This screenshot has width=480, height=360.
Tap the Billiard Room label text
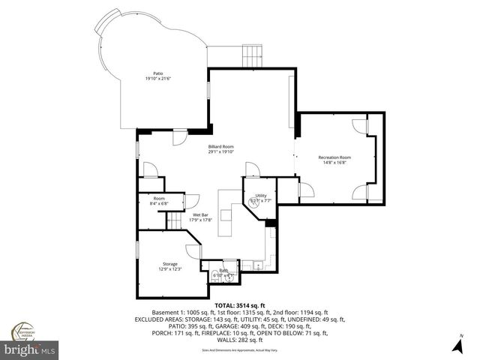222,147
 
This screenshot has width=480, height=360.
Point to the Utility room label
260,196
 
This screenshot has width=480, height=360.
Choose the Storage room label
170,264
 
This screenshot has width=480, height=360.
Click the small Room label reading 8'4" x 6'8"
159,199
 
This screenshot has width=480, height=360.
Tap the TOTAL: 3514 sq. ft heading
239,306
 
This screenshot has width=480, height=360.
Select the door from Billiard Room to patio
180,138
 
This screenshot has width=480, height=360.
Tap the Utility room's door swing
252,169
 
